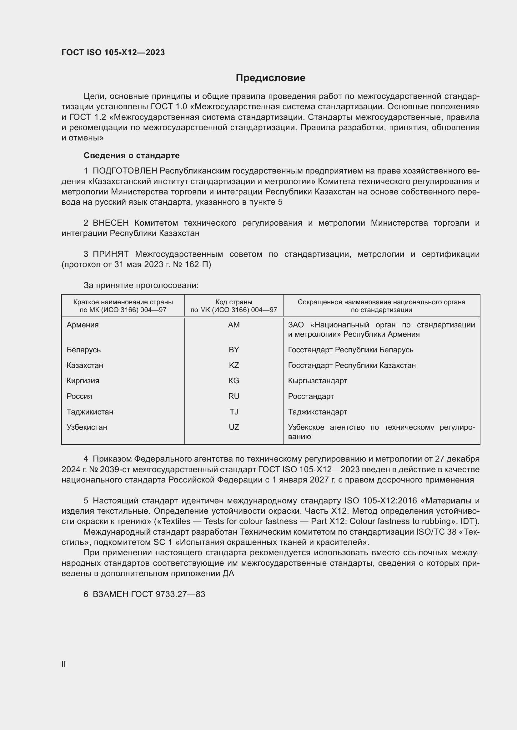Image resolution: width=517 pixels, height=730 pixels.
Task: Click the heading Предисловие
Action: [270, 78]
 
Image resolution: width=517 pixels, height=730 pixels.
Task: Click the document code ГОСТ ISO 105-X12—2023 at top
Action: [113, 52]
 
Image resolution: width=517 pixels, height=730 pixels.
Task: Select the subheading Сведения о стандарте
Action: [132, 155]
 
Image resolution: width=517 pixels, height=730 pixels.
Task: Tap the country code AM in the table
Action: [234, 325]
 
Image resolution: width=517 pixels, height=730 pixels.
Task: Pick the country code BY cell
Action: [234, 350]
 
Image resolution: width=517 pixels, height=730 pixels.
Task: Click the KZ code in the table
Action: [234, 365]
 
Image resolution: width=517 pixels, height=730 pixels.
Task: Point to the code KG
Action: [234, 380]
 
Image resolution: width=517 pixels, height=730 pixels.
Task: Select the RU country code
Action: [234, 396]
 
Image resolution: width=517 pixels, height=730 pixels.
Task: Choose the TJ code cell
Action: [234, 412]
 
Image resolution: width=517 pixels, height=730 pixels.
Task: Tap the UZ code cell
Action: [234, 427]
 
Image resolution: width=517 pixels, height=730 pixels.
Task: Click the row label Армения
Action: [83, 325]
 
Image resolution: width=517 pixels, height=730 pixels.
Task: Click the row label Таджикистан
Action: [90, 412]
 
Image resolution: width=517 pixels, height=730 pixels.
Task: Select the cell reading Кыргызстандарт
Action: [317, 380]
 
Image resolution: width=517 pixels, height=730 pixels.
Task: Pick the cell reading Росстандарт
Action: [311, 396]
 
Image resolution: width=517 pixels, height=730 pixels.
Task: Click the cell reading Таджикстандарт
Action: [317, 412]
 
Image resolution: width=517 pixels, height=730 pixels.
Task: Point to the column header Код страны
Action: [234, 302]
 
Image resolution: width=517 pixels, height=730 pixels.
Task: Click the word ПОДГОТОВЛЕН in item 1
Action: [125, 171]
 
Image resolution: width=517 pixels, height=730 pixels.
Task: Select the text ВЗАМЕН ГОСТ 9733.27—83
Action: [149, 594]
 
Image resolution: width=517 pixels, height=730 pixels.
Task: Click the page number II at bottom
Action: [64, 664]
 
